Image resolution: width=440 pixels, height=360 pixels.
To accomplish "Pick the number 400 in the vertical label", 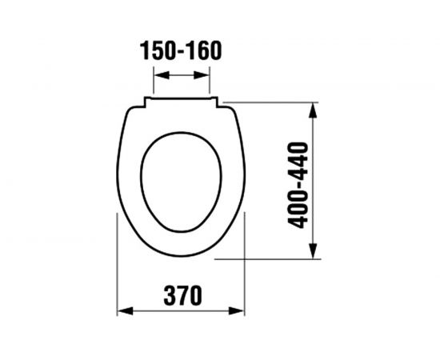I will pyautogui.click(x=301, y=210).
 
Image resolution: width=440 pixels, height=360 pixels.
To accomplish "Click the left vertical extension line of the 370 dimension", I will pyautogui.click(x=118, y=264).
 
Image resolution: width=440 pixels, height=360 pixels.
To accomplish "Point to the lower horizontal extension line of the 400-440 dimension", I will pyautogui.click(x=280, y=259).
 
